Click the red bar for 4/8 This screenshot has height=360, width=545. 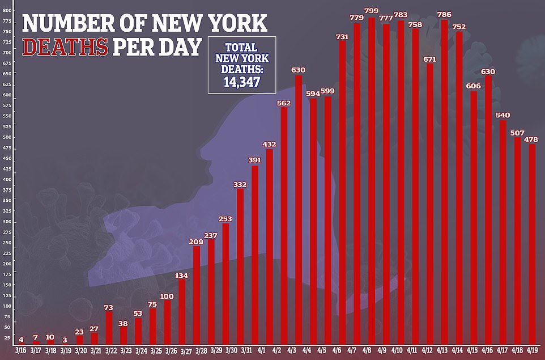coord(372,181)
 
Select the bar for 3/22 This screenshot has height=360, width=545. coord(108,328)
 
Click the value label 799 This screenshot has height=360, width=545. coord(372,11)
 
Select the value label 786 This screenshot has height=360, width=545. coord(444,13)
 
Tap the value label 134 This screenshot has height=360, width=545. coord(182,276)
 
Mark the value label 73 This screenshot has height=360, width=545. coord(108,307)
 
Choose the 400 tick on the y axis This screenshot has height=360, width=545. coord(7,179)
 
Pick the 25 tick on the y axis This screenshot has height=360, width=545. coord(7,338)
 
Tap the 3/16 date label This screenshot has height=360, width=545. coord(20,351)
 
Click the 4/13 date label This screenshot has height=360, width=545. coord(444,351)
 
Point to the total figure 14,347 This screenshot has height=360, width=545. coord(242,82)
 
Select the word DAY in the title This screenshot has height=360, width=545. coord(180,46)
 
